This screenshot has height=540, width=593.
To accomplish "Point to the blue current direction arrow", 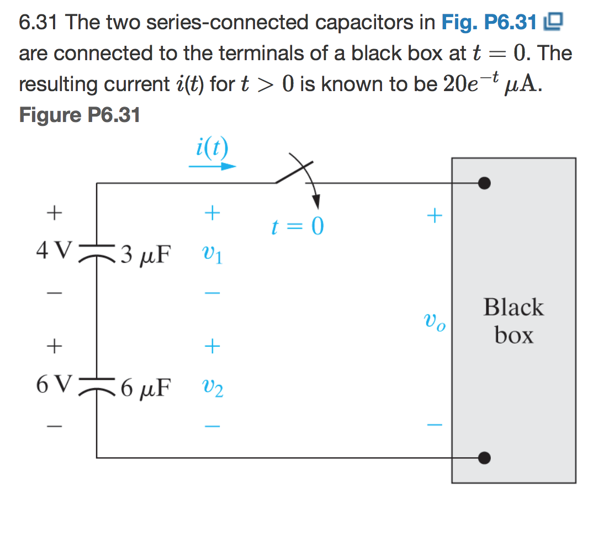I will point(213,166).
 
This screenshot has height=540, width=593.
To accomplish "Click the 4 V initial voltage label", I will point(53,252).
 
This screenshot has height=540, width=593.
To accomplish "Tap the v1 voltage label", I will point(213,256).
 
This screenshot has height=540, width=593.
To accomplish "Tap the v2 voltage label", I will point(213,390).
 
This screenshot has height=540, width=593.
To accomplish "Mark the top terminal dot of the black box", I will point(484,183).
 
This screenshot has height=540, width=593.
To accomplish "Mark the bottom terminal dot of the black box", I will point(484,458).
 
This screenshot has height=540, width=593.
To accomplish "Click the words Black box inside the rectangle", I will point(513,321).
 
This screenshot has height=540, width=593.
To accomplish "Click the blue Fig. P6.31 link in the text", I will point(489,23).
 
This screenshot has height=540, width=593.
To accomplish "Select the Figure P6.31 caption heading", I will point(80,115).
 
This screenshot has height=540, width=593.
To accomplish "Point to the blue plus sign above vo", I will point(435,215).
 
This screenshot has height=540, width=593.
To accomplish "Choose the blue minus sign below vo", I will point(435,425).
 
